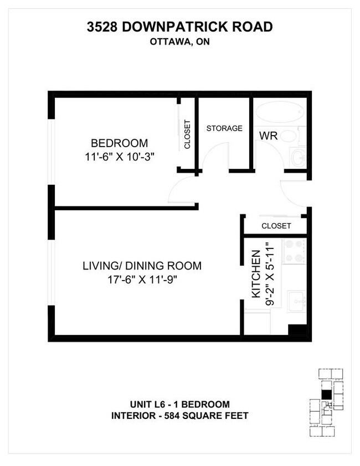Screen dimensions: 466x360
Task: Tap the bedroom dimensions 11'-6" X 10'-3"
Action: [116, 157]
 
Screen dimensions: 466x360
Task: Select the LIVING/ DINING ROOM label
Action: [142, 266]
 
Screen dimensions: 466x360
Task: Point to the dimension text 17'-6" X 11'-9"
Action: [141, 279]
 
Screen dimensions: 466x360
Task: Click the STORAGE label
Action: [224, 128]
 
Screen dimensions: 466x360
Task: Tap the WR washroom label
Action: [268, 136]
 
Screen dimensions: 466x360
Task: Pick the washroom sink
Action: [298, 157]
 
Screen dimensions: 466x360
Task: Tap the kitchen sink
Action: [296, 301]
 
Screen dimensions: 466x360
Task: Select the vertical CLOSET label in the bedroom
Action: [187, 134]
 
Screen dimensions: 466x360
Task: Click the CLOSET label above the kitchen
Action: [275, 226]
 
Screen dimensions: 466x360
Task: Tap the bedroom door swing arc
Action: [178, 191]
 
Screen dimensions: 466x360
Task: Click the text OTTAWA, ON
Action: [179, 42]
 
